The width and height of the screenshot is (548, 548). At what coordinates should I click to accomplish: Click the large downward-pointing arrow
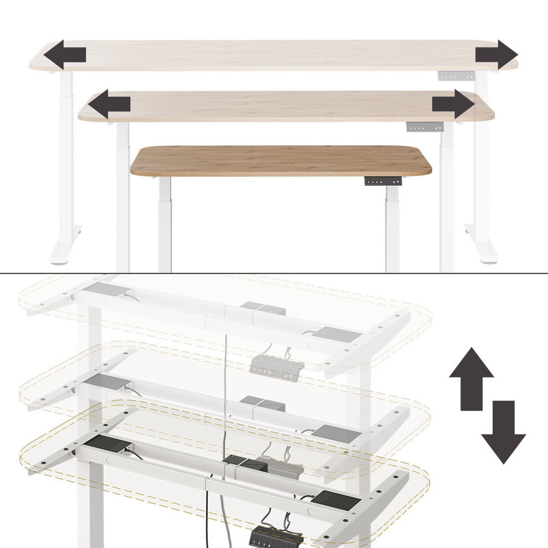(503, 432)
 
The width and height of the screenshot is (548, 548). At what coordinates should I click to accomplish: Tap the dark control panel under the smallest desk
(383, 181)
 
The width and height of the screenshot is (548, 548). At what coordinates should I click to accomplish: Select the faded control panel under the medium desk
(425, 127)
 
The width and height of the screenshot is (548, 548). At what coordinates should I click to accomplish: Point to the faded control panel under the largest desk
(457, 76)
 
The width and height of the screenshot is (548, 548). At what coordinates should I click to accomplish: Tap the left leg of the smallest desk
(165, 224)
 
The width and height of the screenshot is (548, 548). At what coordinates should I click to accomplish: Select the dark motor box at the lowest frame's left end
(110, 444)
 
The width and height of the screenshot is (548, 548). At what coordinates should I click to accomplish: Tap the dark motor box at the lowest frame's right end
(336, 501)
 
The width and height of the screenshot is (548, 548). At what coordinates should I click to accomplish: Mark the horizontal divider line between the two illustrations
(274, 273)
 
